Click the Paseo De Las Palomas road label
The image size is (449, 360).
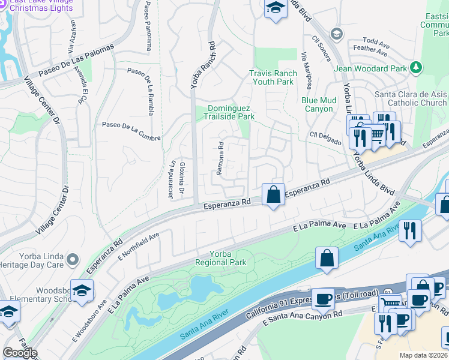coord(76,62)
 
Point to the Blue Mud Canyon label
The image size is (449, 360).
coord(318,104)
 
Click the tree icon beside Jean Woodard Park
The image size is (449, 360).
coord(415,68)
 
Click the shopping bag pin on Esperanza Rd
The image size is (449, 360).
coord(274,194)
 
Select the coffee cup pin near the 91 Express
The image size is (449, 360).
coord(323,298)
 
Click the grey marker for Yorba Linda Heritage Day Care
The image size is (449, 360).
coord(73,260)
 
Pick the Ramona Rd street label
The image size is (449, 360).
coord(220,158)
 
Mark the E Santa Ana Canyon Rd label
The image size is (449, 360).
coord(303,317)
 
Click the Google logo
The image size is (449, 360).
coord(20,353)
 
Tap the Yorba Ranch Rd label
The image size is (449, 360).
coord(203,65)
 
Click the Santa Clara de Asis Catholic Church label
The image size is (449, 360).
coord(411,98)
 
